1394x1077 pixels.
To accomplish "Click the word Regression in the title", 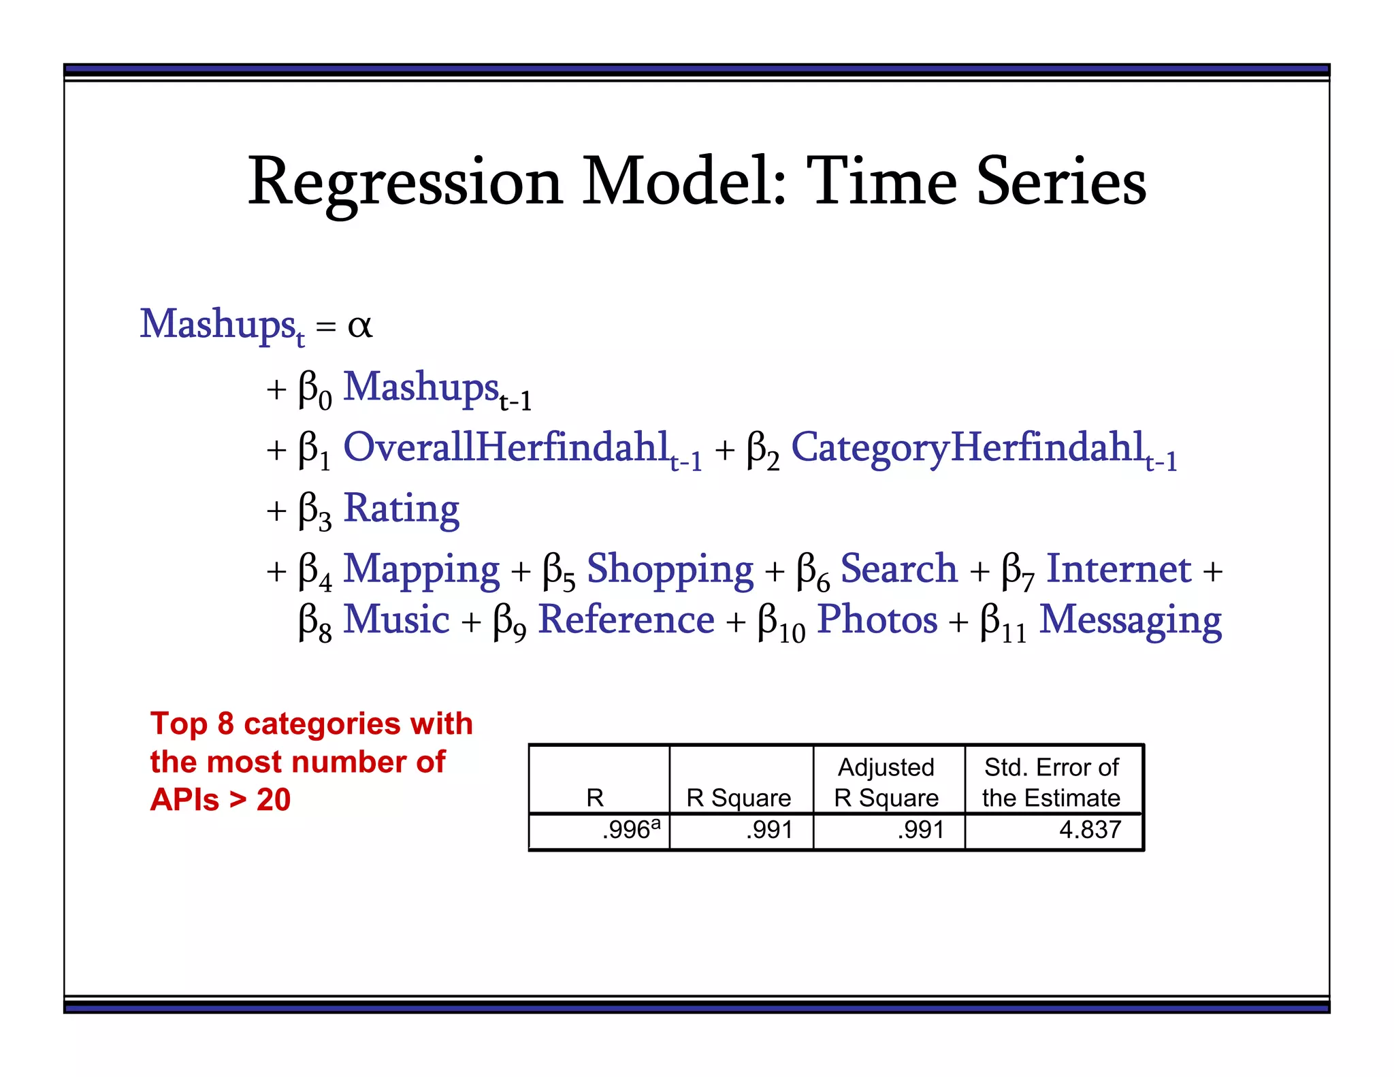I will (405, 182).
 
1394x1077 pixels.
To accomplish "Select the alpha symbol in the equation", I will (359, 325).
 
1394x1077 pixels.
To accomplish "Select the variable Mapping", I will (421, 570).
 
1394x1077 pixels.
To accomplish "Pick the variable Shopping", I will (670, 570).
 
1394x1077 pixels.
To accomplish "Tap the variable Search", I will (898, 568).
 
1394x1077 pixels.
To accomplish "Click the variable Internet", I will (1118, 568).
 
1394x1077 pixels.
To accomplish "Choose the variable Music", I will (396, 620).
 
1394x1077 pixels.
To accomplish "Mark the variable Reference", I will (626, 620).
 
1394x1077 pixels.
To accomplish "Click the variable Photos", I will (877, 620).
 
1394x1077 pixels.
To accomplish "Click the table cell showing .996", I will (626, 830).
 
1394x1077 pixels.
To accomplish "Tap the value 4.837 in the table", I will (1090, 830).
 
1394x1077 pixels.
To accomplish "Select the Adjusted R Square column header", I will (886, 782).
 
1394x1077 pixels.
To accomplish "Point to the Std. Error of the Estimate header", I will (1051, 782).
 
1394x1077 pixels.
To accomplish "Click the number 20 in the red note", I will (274, 800).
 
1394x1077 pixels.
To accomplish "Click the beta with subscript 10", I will (781, 621).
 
